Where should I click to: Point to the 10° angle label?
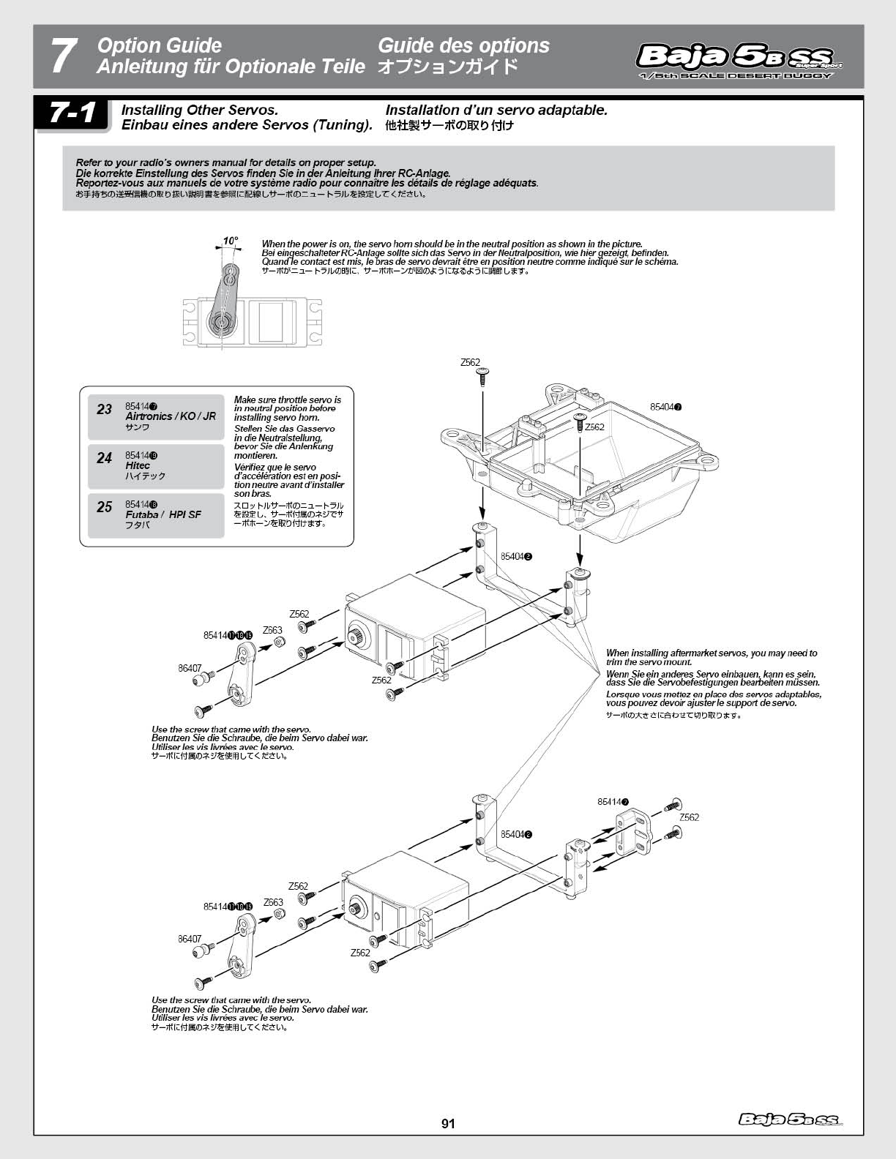coord(231,240)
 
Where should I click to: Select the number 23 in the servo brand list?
coord(105,409)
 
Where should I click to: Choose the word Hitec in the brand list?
coord(138,465)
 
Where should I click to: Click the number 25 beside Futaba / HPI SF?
coord(105,507)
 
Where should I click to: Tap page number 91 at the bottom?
coord(448,1123)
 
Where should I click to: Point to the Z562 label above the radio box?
coord(470,362)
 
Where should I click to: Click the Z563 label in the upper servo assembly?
coord(272,630)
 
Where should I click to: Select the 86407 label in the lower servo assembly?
coord(190,939)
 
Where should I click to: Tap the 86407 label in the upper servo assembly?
coord(190,668)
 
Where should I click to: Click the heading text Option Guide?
coord(159,46)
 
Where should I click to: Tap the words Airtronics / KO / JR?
coord(171,416)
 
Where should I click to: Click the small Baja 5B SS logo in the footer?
coord(790,1119)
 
